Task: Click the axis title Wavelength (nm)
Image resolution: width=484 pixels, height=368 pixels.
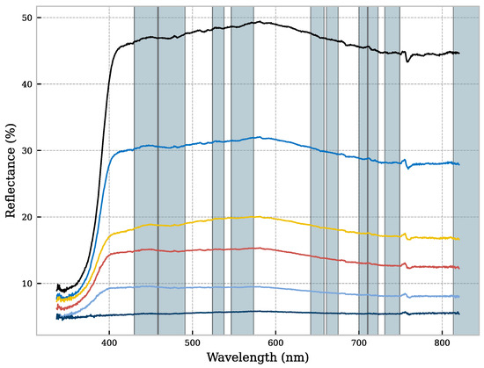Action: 258,358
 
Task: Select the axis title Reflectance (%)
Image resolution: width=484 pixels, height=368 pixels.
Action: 10,169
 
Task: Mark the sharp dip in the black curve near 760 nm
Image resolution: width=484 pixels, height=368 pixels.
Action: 407,61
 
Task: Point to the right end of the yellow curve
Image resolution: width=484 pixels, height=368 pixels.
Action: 459,238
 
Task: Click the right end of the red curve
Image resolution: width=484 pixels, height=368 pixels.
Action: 459,267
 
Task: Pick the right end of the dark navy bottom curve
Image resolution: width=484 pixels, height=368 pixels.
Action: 459,313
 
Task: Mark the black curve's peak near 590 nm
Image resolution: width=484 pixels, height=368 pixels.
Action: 262,22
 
